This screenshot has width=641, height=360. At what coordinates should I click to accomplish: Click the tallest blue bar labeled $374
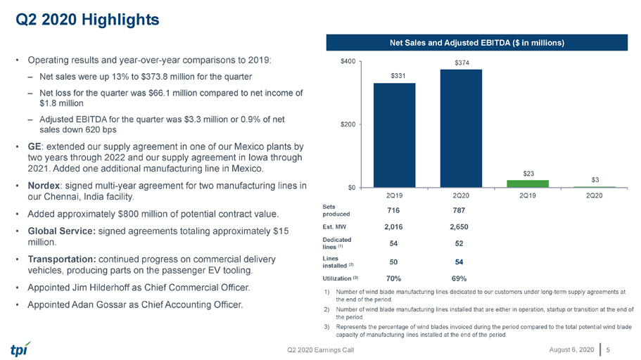pyautogui.click(x=461, y=128)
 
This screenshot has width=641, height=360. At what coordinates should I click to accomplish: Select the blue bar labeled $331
pyautogui.click(x=395, y=135)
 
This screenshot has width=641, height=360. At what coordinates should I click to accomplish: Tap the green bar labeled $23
pyautogui.click(x=528, y=184)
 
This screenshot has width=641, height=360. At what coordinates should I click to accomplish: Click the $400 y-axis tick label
pyautogui.click(x=348, y=61)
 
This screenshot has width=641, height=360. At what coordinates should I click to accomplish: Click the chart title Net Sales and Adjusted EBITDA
pyautogui.click(x=476, y=42)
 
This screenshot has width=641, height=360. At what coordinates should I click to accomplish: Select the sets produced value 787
pyautogui.click(x=459, y=210)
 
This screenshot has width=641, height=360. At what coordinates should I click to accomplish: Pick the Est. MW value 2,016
pyautogui.click(x=393, y=227)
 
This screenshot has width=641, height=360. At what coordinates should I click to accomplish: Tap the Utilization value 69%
pyautogui.click(x=459, y=278)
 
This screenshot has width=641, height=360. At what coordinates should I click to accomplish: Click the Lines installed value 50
pyautogui.click(x=393, y=262)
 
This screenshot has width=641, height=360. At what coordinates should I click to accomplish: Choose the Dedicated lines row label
pyautogui.click(x=337, y=243)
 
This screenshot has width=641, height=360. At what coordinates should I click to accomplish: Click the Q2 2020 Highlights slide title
pyautogui.click(x=87, y=19)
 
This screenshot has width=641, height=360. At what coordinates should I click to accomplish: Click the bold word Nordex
pyautogui.click(x=44, y=186)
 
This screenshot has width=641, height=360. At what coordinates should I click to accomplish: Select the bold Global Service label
pyautogui.click(x=62, y=231)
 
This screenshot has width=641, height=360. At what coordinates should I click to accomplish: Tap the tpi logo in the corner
pyautogui.click(x=20, y=349)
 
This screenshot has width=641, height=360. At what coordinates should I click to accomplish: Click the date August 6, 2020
pyautogui.click(x=571, y=349)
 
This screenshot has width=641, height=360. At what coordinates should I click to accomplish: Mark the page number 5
pyautogui.click(x=609, y=349)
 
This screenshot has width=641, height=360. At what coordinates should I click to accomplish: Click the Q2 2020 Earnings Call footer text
pyautogui.click(x=321, y=350)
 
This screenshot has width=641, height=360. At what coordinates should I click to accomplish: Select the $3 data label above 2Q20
pyautogui.click(x=595, y=180)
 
